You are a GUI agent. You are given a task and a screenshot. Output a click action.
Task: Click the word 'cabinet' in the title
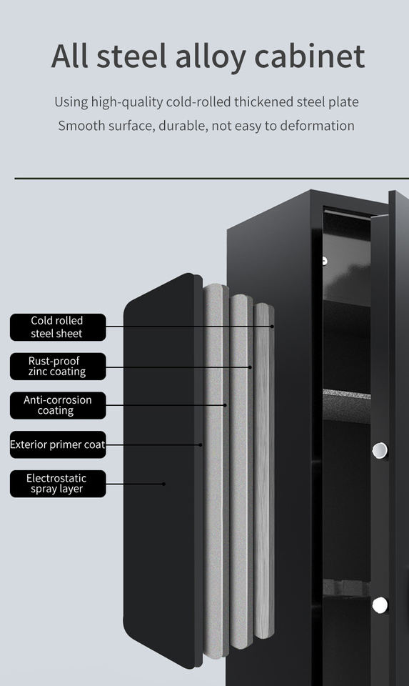pyautogui.click(x=309, y=56)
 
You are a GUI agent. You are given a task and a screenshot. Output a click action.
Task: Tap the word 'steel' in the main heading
pyautogui.click(x=131, y=56)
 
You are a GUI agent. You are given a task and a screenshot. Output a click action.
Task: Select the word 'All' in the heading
pyautogui.click(x=69, y=56)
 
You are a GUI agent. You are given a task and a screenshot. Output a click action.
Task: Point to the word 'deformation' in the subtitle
pyautogui.click(x=317, y=126)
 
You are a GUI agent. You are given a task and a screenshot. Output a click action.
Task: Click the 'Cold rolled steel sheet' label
pyautogui.click(x=58, y=327)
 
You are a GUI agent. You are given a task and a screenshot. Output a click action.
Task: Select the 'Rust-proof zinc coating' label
pyautogui.click(x=58, y=366)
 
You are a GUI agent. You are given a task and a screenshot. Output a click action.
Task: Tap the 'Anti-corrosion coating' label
pyautogui.click(x=58, y=406)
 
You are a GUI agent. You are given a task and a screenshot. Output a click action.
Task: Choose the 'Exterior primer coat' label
pyautogui.click(x=58, y=444)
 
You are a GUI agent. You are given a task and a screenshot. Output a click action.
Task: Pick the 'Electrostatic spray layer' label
pyautogui.click(x=58, y=484)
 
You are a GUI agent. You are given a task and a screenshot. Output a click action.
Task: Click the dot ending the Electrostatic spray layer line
pyautogui.click(x=164, y=484)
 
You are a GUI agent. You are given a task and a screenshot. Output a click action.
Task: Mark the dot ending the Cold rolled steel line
pyautogui.click(x=272, y=327)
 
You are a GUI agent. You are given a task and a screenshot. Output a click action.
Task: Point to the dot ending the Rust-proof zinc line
pyautogui.click(x=251, y=367)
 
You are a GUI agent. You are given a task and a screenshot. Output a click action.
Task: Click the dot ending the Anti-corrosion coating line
pyautogui.click(x=225, y=405)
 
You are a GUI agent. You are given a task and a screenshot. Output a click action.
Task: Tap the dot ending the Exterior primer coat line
pyautogui.click(x=201, y=445)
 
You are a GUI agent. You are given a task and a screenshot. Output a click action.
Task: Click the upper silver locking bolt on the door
pyautogui.click(x=380, y=450)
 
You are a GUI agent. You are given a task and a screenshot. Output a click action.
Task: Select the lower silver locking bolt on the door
pyautogui.click(x=380, y=605)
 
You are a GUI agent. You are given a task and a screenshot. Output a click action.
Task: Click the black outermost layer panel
pyautogui.click(x=163, y=470)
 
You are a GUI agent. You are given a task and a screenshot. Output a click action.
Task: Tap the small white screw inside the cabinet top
pyautogui.click(x=324, y=262)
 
